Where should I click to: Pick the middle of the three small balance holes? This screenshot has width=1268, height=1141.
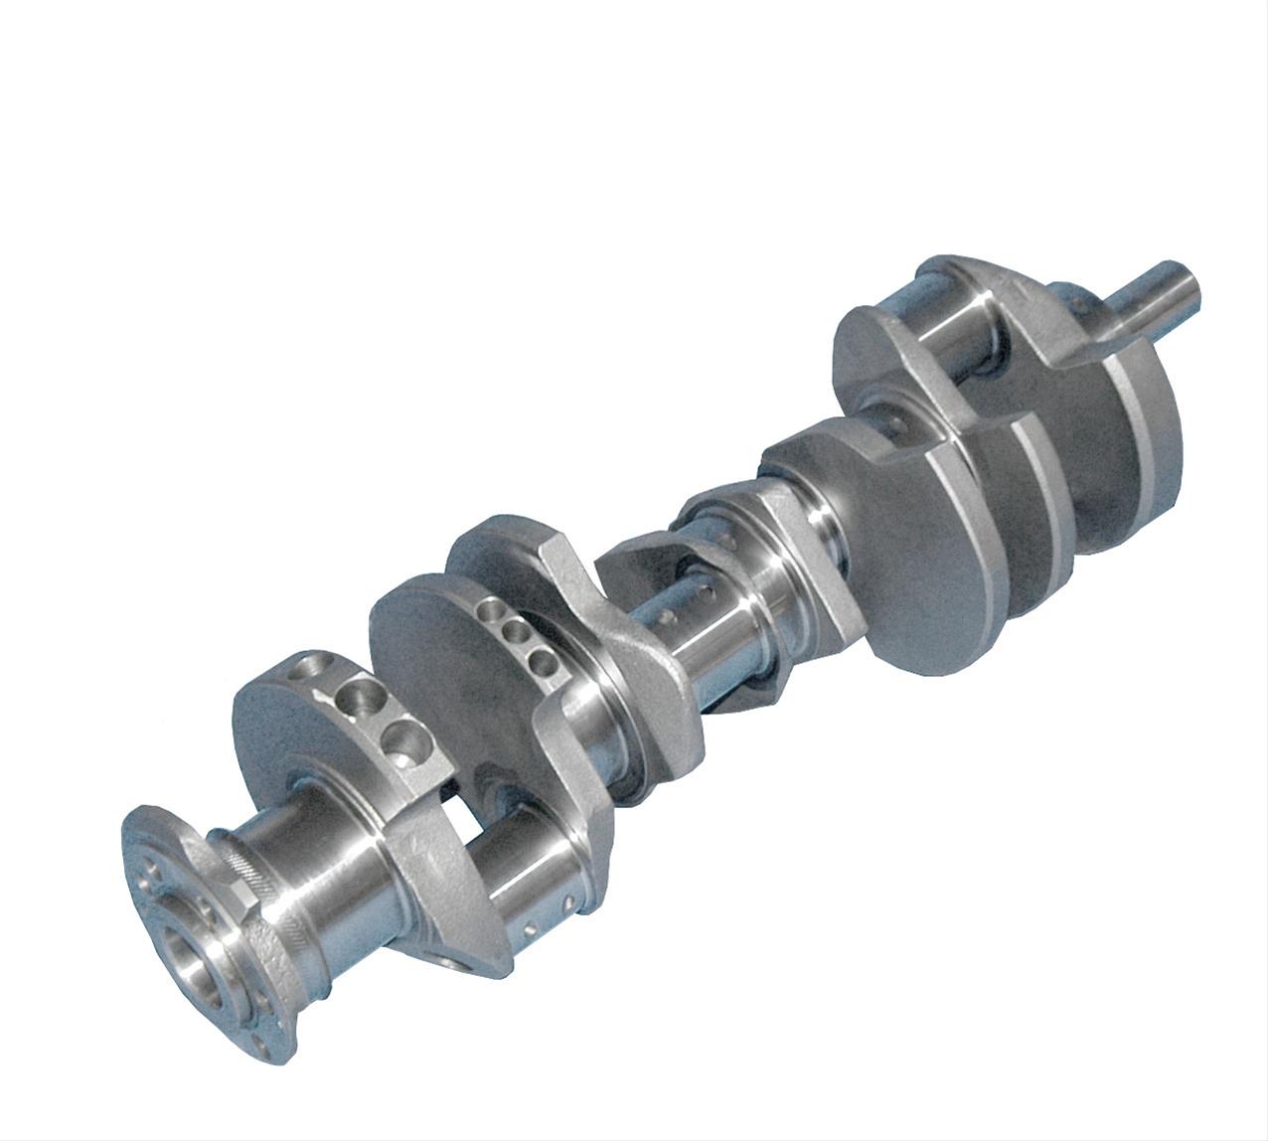point(515,633)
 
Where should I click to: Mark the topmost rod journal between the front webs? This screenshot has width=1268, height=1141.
point(954,338)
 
